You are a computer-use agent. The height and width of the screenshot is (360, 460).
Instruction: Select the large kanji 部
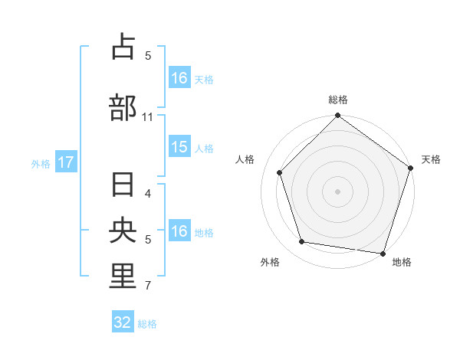[123, 106]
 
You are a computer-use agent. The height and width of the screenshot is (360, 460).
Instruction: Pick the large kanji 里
[123, 277]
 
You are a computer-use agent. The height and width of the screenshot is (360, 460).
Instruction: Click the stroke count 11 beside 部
[147, 116]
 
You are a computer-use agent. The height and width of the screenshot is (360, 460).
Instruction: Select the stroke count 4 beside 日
[148, 194]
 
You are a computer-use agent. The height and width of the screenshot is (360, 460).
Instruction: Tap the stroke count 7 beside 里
[148, 286]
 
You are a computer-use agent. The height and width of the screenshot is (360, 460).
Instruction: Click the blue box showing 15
[179, 147]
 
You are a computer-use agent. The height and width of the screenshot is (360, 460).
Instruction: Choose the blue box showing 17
[66, 162]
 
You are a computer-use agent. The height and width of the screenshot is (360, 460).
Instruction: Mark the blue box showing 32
[123, 322]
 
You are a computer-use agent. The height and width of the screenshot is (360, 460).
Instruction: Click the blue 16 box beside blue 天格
[179, 78]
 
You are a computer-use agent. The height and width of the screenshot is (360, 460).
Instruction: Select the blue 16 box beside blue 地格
[179, 231]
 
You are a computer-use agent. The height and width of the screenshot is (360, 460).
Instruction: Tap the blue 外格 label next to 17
[41, 163]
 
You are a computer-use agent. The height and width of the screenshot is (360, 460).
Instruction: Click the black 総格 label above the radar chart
[338, 100]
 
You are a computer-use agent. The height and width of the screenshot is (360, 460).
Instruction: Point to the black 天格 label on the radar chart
[431, 159]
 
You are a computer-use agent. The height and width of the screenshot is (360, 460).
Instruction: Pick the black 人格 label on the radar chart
[245, 159]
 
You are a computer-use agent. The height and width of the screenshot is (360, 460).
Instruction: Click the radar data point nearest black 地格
[383, 253]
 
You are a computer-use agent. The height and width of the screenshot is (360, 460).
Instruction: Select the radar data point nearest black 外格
[302, 242]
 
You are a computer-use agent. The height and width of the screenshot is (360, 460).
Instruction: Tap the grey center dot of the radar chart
[337, 191]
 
